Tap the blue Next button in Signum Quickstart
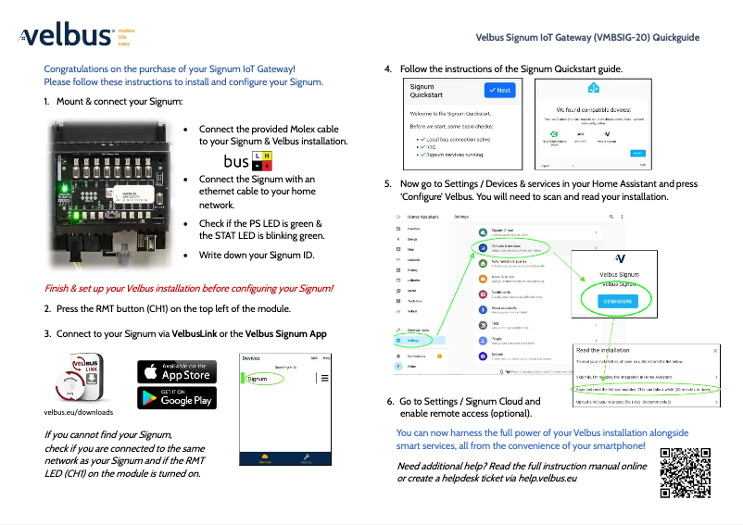coord(499,91)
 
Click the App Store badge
coord(177,371)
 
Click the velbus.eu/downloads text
coord(79,412)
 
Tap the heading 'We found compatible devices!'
coord(593,108)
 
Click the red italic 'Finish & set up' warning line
coord(189,288)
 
